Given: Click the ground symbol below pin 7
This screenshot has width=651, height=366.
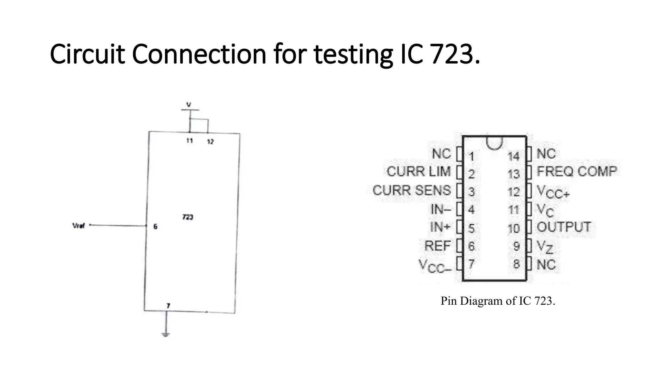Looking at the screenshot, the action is point(166,334).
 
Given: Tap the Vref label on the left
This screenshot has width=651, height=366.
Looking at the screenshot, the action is point(79,226).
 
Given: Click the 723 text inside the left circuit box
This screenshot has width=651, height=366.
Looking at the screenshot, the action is point(188,217).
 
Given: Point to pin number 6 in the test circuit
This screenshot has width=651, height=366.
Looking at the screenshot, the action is point(155,227).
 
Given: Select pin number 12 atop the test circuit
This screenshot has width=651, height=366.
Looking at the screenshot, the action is point(210,142).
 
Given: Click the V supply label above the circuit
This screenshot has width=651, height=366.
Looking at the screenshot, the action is point(189,104).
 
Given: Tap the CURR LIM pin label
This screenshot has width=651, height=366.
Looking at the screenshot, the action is point(419,172).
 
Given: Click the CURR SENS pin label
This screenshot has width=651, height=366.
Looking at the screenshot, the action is point(412,190).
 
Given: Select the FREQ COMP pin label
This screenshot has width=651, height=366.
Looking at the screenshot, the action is point(577,172).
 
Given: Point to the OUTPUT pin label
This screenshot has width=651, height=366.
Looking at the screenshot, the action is point(564,227).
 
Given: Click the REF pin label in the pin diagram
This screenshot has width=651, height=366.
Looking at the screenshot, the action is point(437,246).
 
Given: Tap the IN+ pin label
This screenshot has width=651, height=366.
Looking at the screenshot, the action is point(440,227).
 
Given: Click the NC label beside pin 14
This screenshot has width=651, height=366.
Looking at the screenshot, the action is point(546,154).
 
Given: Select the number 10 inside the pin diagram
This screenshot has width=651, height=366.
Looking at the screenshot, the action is point(513,228).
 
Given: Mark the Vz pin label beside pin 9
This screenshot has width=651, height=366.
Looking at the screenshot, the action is point(545,247).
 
